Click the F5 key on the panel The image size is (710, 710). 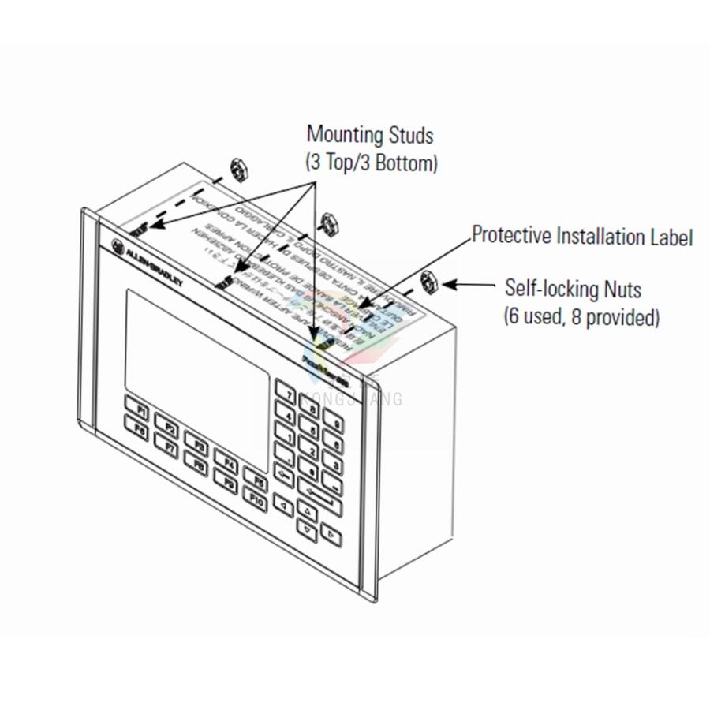255,477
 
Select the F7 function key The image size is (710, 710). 169,447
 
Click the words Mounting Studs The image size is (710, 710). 370,135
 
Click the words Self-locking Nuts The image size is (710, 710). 573,288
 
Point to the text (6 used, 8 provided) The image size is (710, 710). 581,317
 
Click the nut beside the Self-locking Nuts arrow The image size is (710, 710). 429,280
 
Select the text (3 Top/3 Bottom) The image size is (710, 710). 371,163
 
